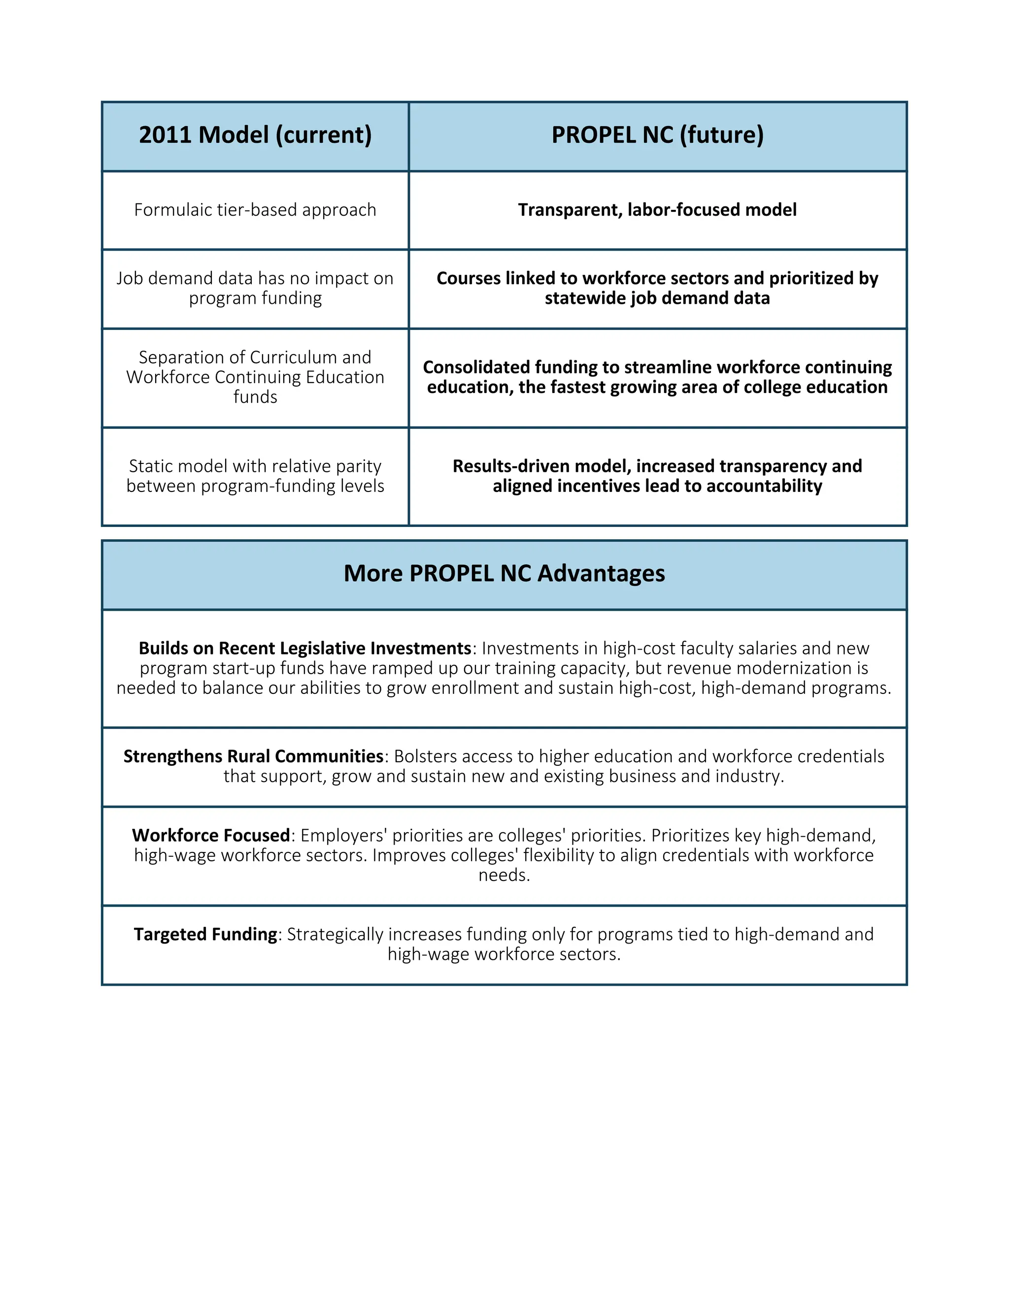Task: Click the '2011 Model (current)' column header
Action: [255, 135]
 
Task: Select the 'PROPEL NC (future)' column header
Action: [658, 135]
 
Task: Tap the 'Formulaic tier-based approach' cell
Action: [255, 210]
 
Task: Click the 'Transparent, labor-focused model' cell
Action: [658, 210]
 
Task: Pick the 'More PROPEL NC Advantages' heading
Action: [504, 573]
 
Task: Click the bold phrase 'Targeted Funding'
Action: [205, 934]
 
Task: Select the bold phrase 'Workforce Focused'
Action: [211, 835]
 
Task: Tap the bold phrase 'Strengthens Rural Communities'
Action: [253, 756]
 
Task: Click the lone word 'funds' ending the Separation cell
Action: [255, 397]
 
